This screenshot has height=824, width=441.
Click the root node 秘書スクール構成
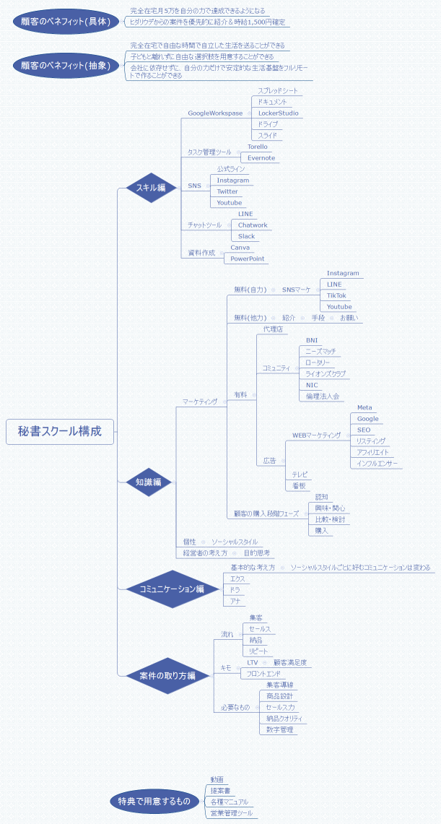point(60,432)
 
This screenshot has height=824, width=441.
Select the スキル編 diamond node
point(151,188)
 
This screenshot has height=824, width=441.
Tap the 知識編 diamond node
point(148,482)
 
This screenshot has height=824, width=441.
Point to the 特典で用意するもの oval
point(154,801)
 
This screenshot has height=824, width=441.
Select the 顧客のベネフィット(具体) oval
point(66,22)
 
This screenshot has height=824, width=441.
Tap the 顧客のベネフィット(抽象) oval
point(66,64)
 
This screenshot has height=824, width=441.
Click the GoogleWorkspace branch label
point(215,113)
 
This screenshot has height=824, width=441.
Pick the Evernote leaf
point(261,158)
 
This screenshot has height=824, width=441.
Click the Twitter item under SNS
point(227,191)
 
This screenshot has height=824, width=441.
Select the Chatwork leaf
point(253,225)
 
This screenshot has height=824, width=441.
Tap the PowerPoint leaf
point(248,259)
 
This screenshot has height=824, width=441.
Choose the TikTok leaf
point(336,295)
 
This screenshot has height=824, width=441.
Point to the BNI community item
point(312,339)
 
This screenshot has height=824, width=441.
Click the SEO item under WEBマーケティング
point(364,430)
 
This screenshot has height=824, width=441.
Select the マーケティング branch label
point(200,402)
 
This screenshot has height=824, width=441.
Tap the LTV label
point(253,662)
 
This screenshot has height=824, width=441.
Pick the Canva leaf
point(240,248)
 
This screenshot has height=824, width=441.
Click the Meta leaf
point(364,407)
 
